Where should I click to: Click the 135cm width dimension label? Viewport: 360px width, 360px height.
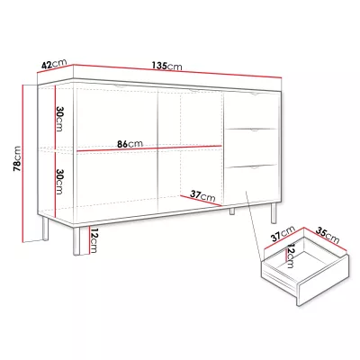point(167,66)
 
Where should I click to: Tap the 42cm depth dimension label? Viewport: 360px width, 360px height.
point(54,65)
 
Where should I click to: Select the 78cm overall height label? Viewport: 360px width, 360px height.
point(17,158)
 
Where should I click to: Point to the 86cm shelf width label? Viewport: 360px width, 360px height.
point(130,144)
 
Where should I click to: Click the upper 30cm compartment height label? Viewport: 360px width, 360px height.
point(59,119)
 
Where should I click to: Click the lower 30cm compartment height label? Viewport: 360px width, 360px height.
point(59,182)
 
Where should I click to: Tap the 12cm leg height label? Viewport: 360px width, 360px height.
point(94,240)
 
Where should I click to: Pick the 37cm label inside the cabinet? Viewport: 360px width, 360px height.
point(203,195)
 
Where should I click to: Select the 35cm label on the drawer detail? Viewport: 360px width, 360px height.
point(328,235)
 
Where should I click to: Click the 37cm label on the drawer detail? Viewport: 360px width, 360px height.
point(283,233)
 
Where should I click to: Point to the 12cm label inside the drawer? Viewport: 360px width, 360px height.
point(290,256)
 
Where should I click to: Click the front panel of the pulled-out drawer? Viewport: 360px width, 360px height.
point(323,280)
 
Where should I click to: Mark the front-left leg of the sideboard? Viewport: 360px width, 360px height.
point(76,241)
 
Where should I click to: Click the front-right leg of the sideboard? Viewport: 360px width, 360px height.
point(274,212)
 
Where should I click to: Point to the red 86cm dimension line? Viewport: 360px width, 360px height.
point(149,148)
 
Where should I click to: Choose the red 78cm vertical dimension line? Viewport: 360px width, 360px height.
point(23,163)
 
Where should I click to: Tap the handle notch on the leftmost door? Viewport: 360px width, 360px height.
point(119,86)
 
